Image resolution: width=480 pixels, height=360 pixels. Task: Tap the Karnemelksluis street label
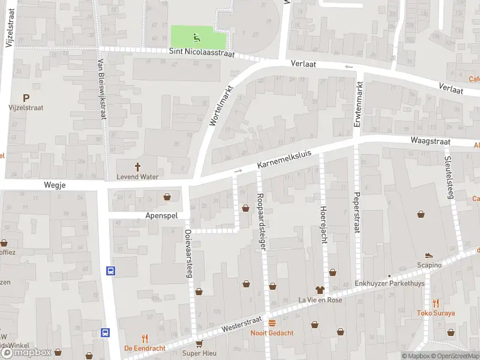(x=286, y=158)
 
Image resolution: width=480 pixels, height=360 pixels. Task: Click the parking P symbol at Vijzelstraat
(x=26, y=97)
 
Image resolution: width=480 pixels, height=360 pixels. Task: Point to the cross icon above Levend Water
(x=137, y=167)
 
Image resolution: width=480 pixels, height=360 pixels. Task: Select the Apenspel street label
(x=158, y=214)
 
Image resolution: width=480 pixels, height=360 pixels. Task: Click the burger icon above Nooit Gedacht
(x=272, y=323)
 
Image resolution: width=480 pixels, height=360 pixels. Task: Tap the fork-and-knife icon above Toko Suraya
(x=436, y=303)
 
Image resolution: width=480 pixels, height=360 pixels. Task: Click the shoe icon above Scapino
(x=429, y=256)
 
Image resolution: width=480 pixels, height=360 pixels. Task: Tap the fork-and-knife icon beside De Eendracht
(x=145, y=338)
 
